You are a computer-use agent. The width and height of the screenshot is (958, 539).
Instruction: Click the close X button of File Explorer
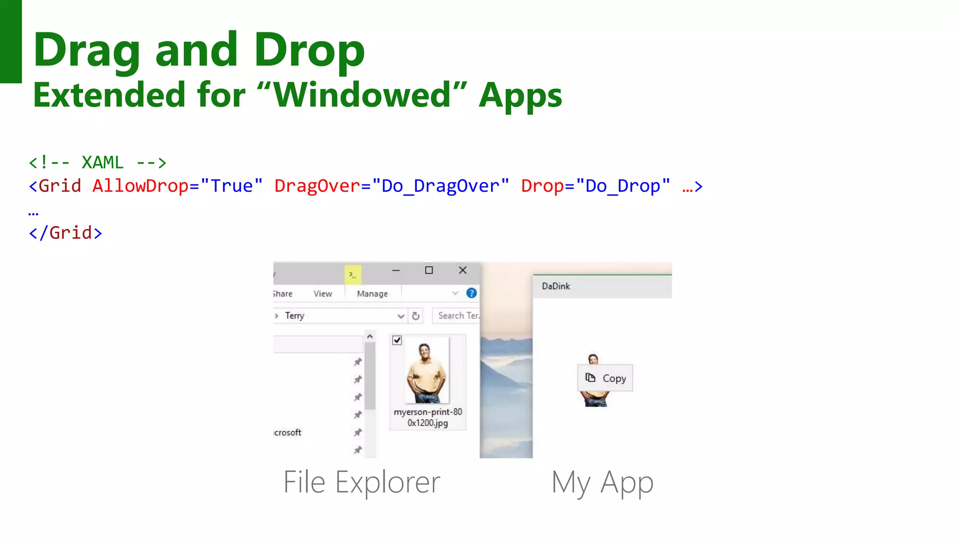tap(462, 270)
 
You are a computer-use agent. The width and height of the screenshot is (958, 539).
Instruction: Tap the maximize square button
tap(428, 270)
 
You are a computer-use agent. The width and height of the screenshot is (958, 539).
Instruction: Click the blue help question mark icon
tap(471, 293)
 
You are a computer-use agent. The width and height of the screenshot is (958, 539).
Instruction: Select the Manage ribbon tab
tap(372, 294)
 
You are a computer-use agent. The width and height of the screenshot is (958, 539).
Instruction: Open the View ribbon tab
tap(323, 294)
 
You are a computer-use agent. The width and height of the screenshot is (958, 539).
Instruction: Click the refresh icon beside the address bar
tap(415, 316)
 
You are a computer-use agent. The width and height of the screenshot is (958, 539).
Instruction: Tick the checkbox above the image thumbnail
tap(397, 340)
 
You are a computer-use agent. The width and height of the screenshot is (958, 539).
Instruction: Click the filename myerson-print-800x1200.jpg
tap(428, 417)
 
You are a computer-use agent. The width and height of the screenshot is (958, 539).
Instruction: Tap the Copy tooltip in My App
tap(605, 378)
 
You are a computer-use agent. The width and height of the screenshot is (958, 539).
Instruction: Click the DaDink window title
tap(556, 286)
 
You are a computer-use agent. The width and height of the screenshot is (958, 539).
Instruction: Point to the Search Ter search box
tap(457, 316)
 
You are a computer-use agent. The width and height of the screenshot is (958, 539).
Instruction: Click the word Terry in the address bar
tap(295, 316)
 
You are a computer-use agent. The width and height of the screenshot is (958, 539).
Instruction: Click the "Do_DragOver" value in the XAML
tap(440, 186)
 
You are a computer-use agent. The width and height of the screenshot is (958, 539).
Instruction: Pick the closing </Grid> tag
tap(65, 233)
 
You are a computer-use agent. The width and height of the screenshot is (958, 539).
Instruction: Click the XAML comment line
tap(97, 163)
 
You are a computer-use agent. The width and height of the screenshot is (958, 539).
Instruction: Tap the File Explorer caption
tap(362, 482)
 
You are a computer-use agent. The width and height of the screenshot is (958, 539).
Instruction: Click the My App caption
tap(602, 482)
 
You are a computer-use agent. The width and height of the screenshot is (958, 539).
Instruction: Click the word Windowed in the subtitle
tap(362, 95)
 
